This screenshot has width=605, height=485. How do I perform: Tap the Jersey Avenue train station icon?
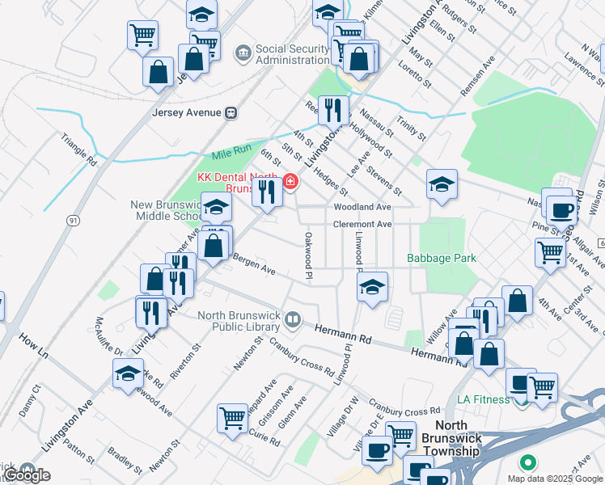coord(231,112)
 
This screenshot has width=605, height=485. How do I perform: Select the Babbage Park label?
coord(442,258)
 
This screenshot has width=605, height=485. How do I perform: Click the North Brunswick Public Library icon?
coord(293,321)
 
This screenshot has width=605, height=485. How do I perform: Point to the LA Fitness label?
coord(483,399)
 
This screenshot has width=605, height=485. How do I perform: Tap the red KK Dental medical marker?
coord(290,182)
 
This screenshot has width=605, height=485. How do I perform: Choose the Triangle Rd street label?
coord(78,150)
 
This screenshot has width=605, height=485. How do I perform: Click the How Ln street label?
coord(34,344)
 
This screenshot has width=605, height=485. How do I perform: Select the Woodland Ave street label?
coord(364,207)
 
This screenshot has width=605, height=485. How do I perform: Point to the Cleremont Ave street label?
coord(362,224)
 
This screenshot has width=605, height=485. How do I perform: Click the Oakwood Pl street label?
coord(308,257)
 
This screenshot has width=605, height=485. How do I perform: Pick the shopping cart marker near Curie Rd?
coord(232,418)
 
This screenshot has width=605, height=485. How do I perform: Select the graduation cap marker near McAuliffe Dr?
coord(128,373)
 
